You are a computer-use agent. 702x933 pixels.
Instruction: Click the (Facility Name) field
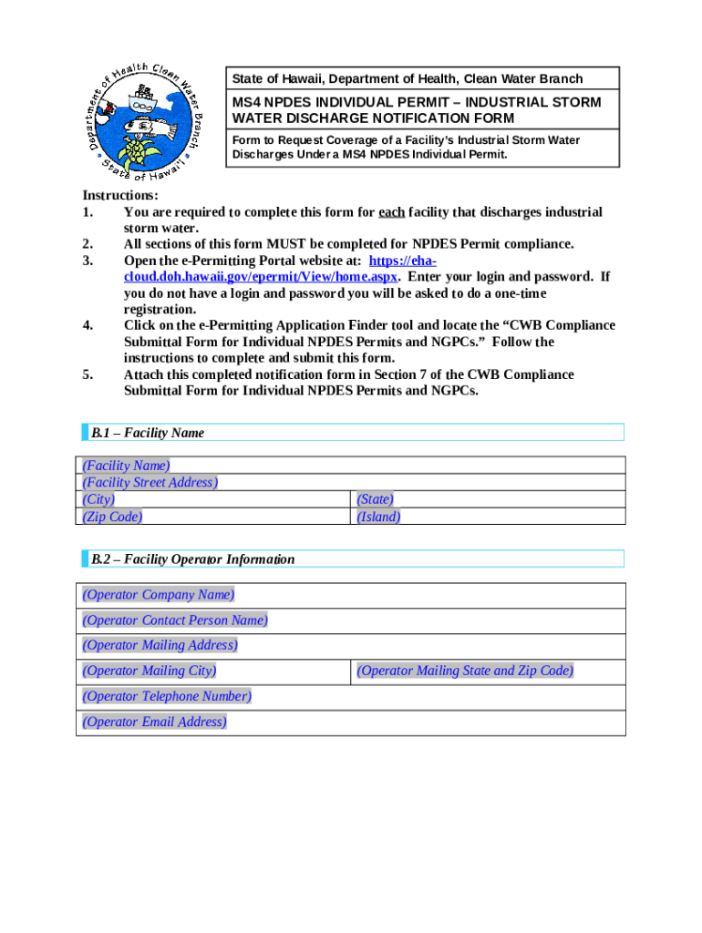126,466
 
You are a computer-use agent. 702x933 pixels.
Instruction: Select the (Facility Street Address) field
150,482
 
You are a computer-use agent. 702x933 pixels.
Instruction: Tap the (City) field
98,499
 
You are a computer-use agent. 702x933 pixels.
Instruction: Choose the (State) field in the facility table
375,499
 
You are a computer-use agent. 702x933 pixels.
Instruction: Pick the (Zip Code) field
112,517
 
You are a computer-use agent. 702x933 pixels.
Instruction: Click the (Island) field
378,517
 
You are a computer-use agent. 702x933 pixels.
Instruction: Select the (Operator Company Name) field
159,595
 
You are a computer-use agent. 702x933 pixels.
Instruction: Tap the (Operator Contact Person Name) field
175,620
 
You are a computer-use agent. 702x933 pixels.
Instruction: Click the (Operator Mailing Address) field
160,646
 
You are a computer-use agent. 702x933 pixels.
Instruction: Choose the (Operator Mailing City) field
150,672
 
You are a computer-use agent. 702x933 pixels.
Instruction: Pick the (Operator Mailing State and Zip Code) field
465,672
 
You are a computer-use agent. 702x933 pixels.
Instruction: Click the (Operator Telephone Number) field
167,697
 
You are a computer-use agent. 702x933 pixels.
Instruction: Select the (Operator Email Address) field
155,723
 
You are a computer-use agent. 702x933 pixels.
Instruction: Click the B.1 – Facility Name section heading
148,433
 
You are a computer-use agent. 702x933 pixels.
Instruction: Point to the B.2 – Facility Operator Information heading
192,559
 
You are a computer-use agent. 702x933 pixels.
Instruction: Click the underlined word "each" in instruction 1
392,212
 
